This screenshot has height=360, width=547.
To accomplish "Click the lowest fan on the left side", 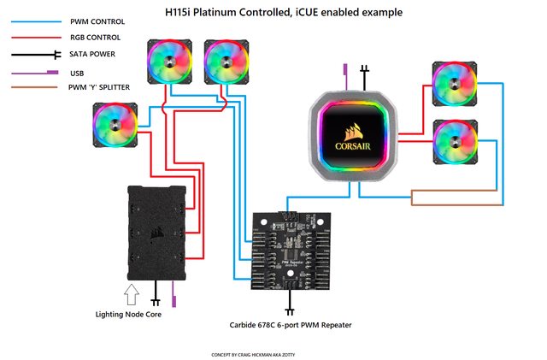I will pos(114,125).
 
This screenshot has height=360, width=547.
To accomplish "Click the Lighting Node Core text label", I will pos(127,315).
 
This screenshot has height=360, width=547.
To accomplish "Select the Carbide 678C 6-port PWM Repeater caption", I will pos(290,325).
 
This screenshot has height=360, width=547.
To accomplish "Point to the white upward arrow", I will pos(131,296).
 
